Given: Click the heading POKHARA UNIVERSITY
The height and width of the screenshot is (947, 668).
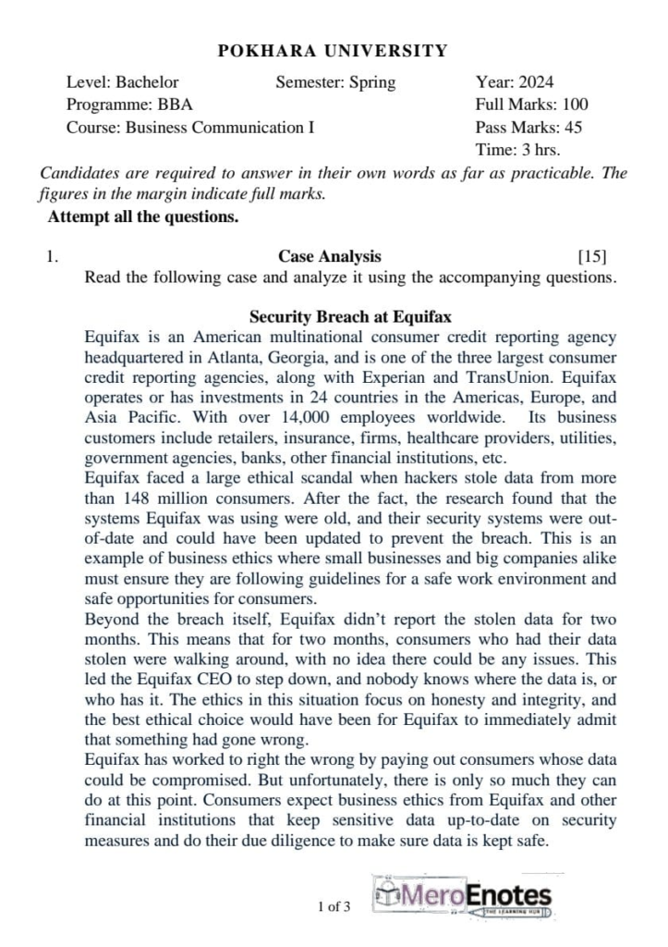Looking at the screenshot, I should [x=334, y=51].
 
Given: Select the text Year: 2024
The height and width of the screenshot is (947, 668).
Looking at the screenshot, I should [x=515, y=82].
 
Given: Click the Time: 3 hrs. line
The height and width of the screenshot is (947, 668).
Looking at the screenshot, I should [x=517, y=150].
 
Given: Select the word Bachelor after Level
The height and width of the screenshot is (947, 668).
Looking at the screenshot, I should [x=147, y=82].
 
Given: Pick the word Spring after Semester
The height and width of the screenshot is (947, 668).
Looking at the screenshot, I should [x=371, y=82].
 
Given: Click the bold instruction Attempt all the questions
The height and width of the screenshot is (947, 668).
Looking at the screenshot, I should [x=143, y=217].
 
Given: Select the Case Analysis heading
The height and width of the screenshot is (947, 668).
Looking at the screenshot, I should [x=329, y=256].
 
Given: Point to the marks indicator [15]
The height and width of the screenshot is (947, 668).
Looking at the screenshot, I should [x=591, y=256].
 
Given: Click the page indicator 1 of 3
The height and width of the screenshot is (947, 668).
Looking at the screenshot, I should [x=334, y=906].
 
